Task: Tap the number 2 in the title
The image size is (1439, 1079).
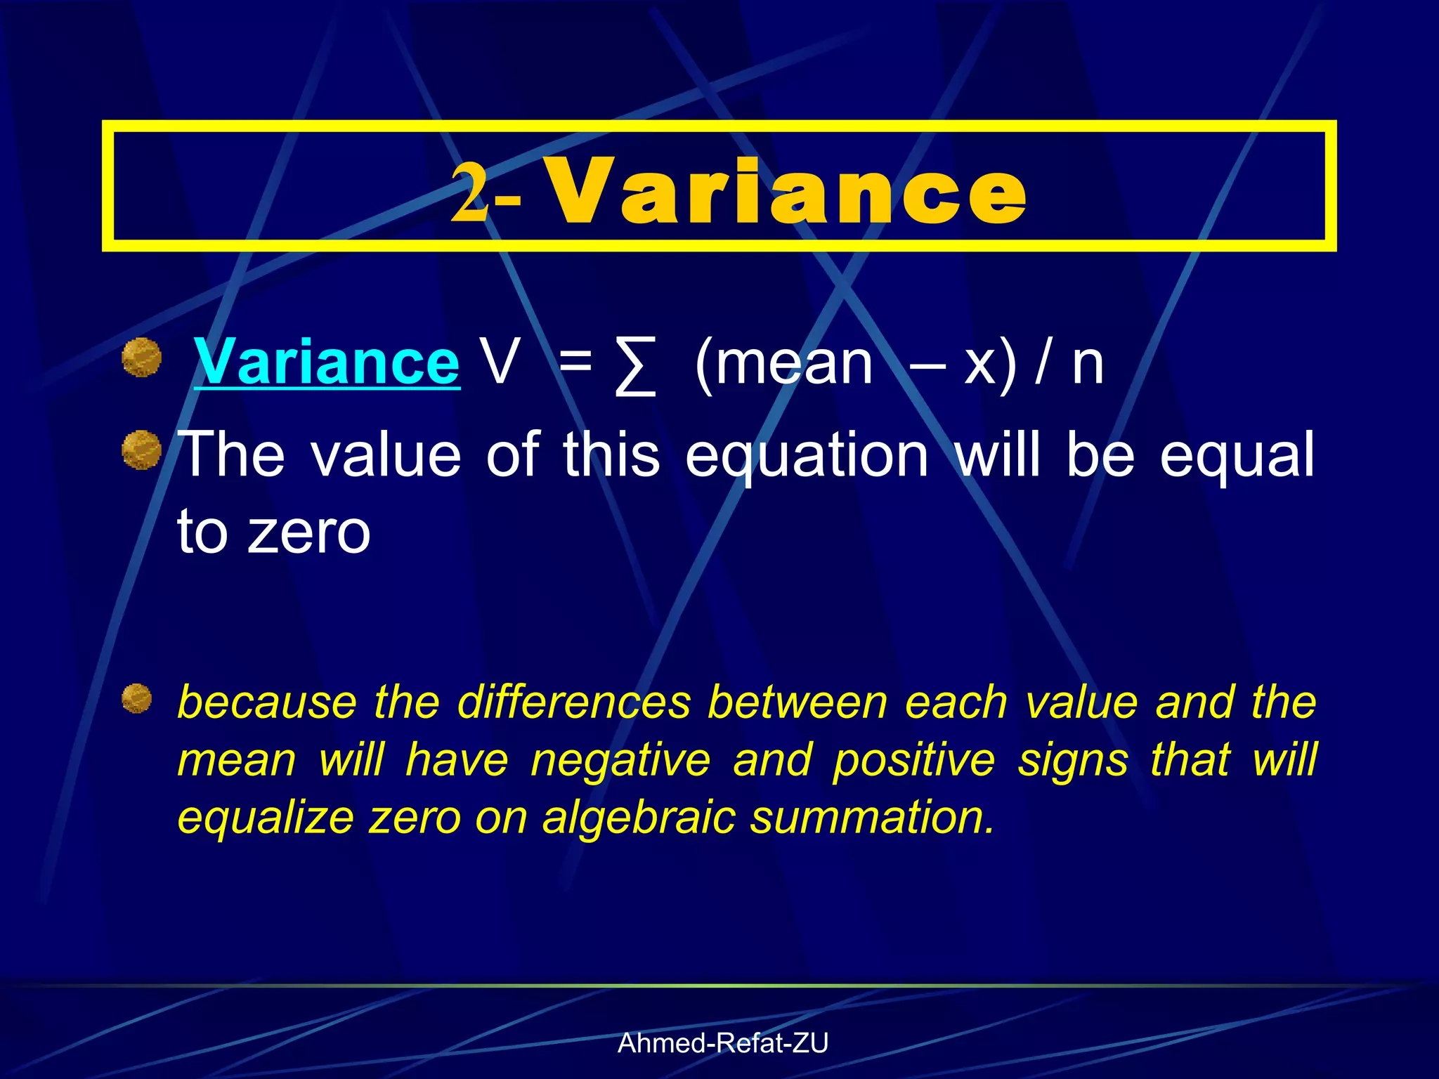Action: tap(469, 191)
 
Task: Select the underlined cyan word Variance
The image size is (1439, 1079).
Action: tap(327, 362)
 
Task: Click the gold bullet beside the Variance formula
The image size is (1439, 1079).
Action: tap(142, 357)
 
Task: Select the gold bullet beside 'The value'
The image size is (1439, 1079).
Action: tap(142, 450)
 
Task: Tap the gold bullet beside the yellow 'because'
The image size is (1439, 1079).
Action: tap(136, 699)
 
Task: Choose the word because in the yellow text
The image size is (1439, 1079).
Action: tap(267, 702)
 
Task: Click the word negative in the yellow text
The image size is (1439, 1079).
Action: tap(620, 761)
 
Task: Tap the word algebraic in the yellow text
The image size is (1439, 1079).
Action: tap(639, 818)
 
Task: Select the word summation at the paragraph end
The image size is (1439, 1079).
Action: tap(871, 818)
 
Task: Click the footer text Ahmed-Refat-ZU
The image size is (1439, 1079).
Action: tap(723, 1043)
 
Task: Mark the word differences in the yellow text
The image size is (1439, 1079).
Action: tap(574, 702)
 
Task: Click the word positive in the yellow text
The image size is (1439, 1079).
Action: tap(914, 761)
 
